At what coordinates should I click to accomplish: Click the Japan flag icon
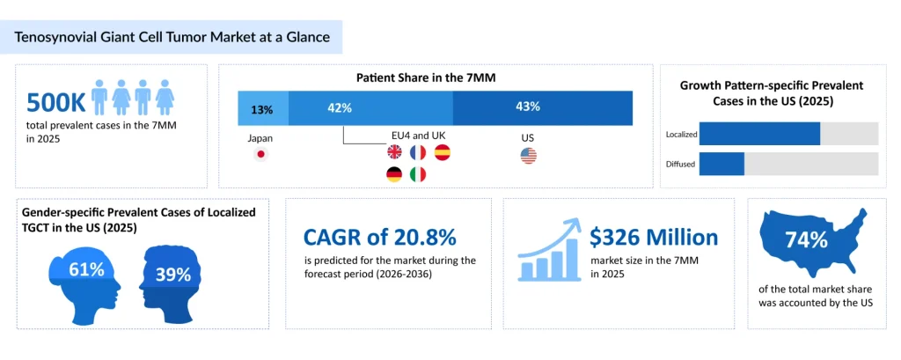point(260,155)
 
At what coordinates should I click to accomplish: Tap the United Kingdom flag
point(395,153)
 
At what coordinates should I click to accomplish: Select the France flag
point(418,153)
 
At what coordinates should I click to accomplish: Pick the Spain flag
point(441,153)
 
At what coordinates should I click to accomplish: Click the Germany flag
point(395,174)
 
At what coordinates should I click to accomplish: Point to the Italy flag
point(418,174)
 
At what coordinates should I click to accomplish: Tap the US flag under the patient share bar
point(528,156)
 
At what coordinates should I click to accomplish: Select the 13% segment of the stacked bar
point(262,108)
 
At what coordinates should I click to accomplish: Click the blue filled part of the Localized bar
point(759,134)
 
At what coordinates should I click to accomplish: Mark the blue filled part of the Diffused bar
point(722,164)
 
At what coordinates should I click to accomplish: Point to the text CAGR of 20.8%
point(379,238)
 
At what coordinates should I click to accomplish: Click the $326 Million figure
point(654,237)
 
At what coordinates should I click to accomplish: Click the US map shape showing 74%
point(819,241)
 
